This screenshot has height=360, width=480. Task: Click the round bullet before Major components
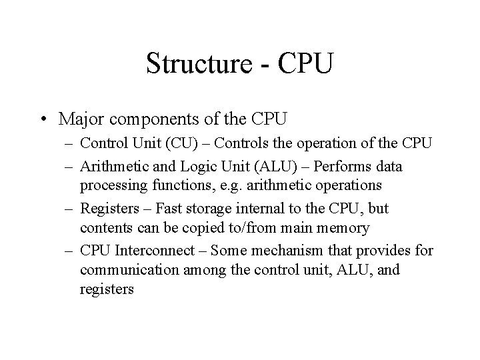click(x=45, y=119)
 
